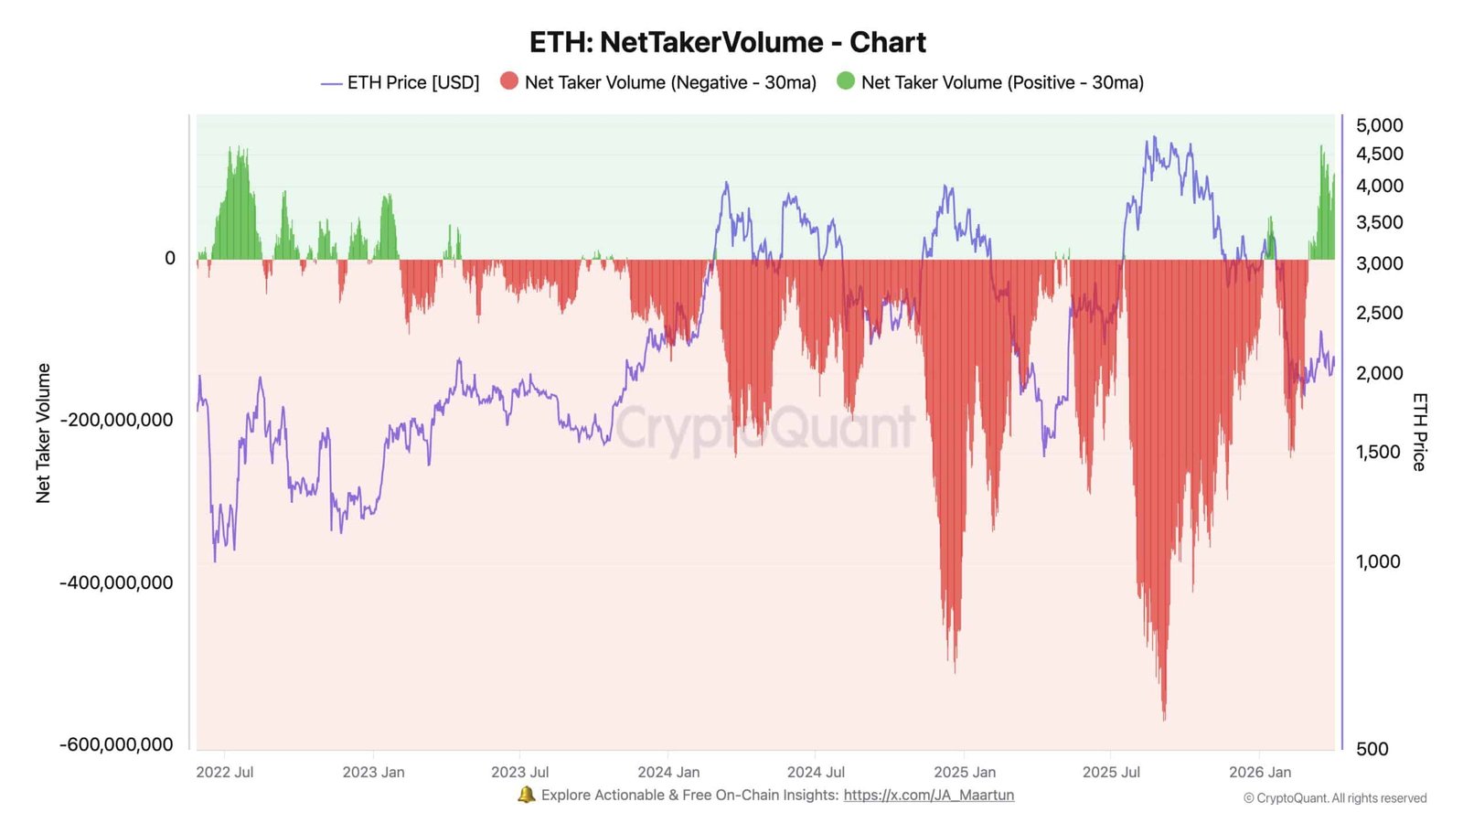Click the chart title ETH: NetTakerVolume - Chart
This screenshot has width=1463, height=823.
727,42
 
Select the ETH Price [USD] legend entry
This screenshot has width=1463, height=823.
400,82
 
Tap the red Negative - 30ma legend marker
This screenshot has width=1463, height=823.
509,81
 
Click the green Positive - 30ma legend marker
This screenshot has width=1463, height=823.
846,81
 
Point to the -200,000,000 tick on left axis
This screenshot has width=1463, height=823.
116,421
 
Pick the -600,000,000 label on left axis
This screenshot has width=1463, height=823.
116,744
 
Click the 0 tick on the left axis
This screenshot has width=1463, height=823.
170,259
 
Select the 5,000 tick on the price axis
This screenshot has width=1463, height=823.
1379,125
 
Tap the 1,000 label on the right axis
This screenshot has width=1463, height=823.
1378,561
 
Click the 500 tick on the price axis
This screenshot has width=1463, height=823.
1372,749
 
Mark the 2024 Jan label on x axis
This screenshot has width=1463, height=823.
668,772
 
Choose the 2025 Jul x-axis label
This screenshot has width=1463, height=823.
1111,772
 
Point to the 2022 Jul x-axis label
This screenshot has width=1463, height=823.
225,772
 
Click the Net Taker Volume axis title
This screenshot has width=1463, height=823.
43,433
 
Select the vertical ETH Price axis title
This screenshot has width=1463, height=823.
1419,432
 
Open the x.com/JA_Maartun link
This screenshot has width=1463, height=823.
928,795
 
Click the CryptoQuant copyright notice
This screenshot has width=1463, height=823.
1335,798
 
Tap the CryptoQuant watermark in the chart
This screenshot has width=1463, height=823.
764,428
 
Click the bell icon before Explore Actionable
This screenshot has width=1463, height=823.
527,795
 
